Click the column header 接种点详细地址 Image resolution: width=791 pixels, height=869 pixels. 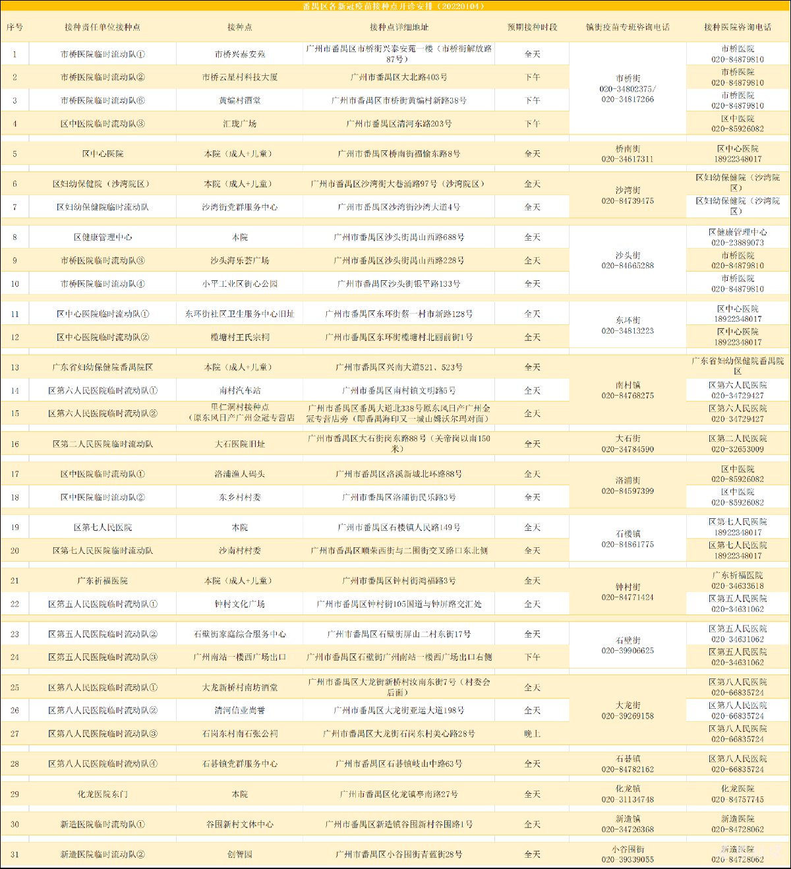[399, 28]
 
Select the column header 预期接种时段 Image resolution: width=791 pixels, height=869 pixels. [532, 28]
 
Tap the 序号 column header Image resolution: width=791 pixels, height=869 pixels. [15, 28]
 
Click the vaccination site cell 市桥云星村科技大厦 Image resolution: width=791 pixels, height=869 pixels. [239, 77]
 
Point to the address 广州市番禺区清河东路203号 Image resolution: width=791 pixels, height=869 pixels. [399, 123]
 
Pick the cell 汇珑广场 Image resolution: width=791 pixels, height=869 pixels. [239, 123]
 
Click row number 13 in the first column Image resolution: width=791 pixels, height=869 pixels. [15, 367]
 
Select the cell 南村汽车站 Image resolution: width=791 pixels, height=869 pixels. [239, 390]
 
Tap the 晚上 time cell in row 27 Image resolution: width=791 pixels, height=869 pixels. [532, 733]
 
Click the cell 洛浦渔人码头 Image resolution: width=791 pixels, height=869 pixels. [239, 474]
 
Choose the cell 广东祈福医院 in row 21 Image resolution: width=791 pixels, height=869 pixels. [102, 581]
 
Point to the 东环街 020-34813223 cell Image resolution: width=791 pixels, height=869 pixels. [628, 326]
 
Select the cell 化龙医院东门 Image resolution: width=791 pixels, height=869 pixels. [102, 794]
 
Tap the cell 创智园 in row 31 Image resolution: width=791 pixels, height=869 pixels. [239, 854]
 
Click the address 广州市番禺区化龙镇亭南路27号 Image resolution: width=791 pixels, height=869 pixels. [399, 794]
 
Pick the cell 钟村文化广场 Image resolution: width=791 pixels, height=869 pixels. [239, 604]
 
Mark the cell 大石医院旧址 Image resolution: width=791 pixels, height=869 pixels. [239, 444]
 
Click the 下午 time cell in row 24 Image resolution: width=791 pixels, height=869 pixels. [532, 657]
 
